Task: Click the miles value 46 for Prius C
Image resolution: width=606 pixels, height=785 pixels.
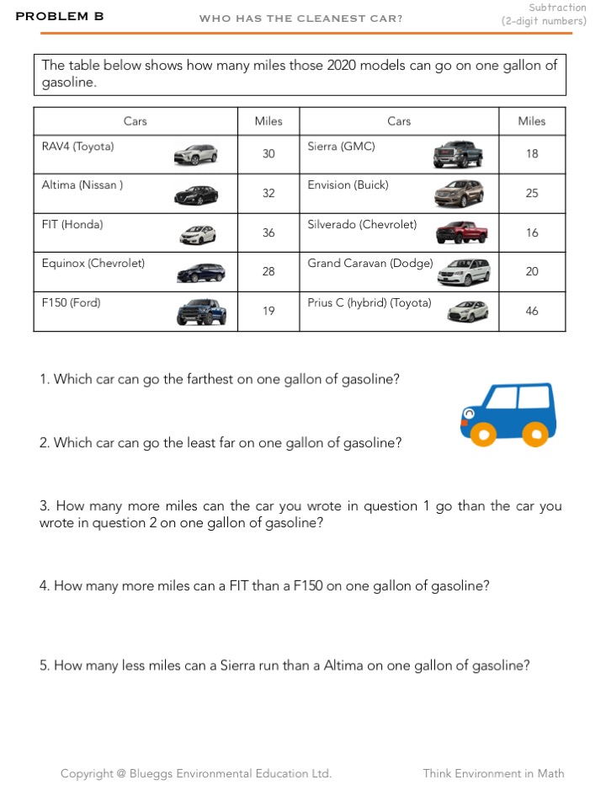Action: (x=532, y=311)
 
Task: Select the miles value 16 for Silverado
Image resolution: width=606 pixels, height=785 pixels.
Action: (x=532, y=232)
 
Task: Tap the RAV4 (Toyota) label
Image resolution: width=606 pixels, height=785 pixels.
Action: (x=77, y=147)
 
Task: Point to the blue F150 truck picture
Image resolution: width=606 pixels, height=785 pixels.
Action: (x=201, y=312)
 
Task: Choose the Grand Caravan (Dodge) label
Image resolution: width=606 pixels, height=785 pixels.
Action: (x=369, y=264)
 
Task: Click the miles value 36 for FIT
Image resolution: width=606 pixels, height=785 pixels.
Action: (x=268, y=232)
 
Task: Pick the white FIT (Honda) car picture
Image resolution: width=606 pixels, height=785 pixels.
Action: (x=198, y=234)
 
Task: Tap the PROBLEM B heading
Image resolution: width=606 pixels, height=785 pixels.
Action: (x=60, y=16)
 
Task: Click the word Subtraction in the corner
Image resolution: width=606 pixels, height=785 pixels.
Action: (x=557, y=8)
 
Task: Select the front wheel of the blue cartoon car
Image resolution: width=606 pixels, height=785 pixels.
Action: (x=482, y=435)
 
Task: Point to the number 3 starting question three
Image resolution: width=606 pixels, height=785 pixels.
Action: (x=44, y=506)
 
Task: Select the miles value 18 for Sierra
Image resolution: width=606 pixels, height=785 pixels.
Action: (x=532, y=154)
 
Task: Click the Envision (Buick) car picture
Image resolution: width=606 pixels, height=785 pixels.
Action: (x=459, y=194)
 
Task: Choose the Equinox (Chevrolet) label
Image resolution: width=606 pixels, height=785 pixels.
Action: (x=93, y=264)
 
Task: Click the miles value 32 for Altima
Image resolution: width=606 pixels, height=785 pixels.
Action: (x=268, y=193)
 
